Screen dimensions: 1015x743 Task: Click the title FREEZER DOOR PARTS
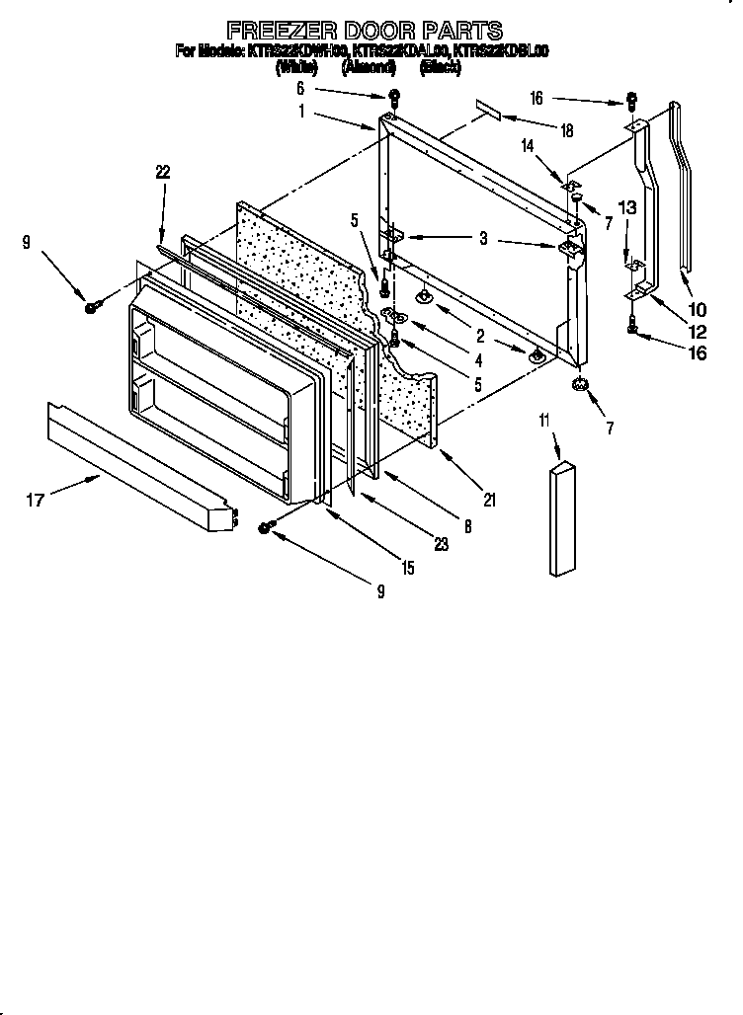[x=365, y=30]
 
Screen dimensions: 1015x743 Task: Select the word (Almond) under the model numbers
[x=369, y=68]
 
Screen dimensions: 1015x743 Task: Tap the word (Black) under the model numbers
[x=441, y=68]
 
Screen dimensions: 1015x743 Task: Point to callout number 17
[x=36, y=502]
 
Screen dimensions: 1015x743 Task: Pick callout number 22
[x=163, y=172]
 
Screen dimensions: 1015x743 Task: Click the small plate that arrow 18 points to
[x=487, y=108]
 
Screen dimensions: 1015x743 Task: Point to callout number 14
[x=528, y=144]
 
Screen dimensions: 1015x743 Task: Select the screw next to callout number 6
[x=393, y=97]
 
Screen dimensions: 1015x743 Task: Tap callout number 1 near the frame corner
[x=302, y=113]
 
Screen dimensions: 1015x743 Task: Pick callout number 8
[x=467, y=527]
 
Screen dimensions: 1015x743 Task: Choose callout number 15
[x=408, y=568]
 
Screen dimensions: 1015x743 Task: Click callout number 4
[x=478, y=361]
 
